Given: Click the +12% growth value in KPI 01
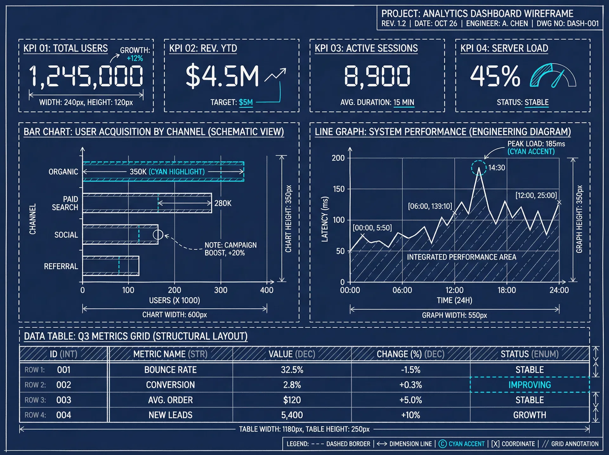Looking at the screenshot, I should [135, 58].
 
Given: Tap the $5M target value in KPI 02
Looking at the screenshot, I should [246, 102].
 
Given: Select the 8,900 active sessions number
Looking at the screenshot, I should [377, 76].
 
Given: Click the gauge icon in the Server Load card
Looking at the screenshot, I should [553, 76].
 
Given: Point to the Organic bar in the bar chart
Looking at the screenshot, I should [163, 172].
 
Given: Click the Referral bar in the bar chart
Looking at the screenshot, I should [111, 266].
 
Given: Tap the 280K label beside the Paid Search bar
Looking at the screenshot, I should [223, 203].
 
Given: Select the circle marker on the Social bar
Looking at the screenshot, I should [158, 235].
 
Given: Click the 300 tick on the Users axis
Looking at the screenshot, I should [221, 290].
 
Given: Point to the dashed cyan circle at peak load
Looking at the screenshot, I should [479, 168].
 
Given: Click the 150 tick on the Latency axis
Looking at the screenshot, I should [338, 189].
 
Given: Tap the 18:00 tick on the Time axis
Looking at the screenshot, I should [507, 290].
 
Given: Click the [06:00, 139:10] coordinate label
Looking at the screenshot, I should [430, 206].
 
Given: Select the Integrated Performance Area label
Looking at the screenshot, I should [462, 257].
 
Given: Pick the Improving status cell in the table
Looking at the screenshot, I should [529, 385].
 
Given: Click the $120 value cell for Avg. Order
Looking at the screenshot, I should [292, 400].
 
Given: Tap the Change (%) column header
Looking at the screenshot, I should [410, 354].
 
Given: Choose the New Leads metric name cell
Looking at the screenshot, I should [170, 415].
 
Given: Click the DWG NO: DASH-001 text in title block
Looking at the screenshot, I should [568, 23].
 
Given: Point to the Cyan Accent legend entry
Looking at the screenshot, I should [462, 444].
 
